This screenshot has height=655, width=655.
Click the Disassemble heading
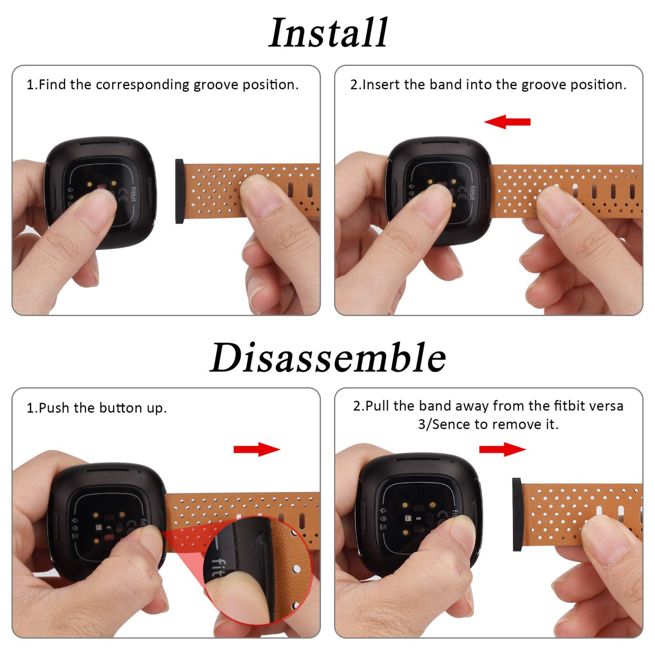click(328, 358)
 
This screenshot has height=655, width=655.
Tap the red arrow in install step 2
click(507, 122)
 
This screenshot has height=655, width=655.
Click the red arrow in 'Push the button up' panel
click(257, 449)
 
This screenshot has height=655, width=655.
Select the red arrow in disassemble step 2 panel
click(502, 449)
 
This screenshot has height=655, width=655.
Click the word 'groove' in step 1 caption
click(216, 85)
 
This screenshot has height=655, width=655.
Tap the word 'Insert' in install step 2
click(381, 85)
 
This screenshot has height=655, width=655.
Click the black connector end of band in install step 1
click(179, 191)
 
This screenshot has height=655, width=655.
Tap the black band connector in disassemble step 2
click(517, 514)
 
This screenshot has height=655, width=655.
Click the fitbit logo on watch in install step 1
click(133, 195)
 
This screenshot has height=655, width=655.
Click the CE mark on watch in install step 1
click(123, 194)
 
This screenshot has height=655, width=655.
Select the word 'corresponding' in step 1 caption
click(142, 85)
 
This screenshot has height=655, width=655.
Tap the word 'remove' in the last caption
click(516, 424)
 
